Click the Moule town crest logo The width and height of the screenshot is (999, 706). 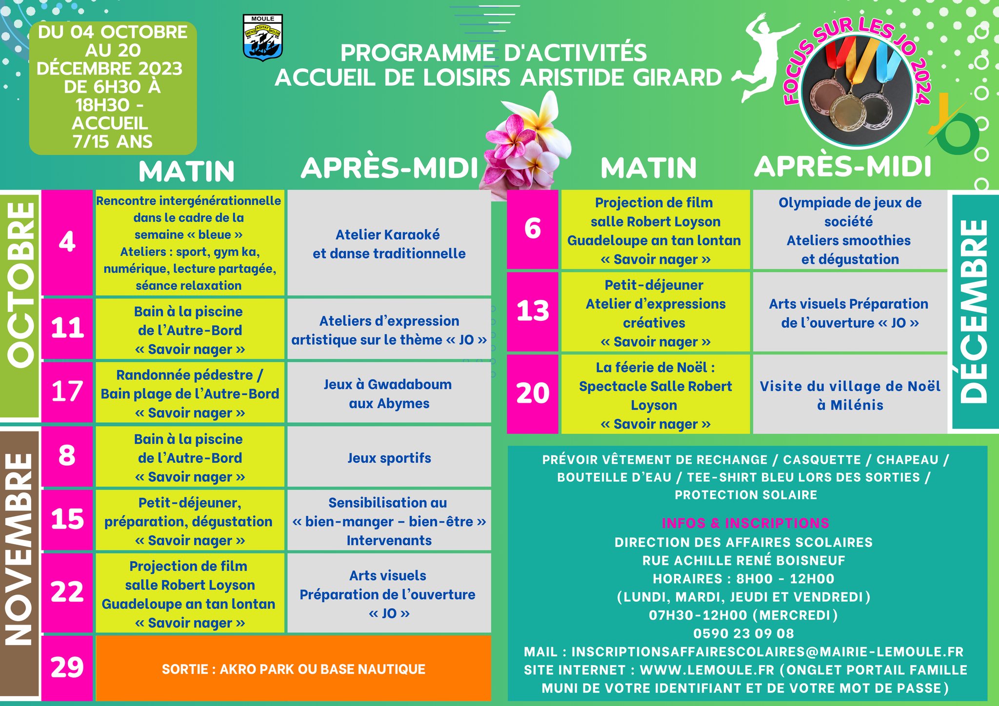(x=262, y=38)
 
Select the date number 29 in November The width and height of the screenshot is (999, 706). (x=67, y=667)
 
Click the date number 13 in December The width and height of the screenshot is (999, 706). (x=533, y=311)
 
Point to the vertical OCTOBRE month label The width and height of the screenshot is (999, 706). (x=21, y=285)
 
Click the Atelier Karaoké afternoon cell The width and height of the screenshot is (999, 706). (x=389, y=244)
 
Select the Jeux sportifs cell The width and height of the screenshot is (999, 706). (x=389, y=458)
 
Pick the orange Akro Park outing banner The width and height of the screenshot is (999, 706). (x=293, y=668)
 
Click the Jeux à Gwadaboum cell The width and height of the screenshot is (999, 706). (x=389, y=393)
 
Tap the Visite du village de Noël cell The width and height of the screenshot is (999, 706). (x=850, y=395)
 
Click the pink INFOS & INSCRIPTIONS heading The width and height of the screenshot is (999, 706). (x=745, y=523)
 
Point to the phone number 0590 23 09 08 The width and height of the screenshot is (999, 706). (x=744, y=633)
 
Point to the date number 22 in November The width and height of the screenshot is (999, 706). (x=67, y=593)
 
